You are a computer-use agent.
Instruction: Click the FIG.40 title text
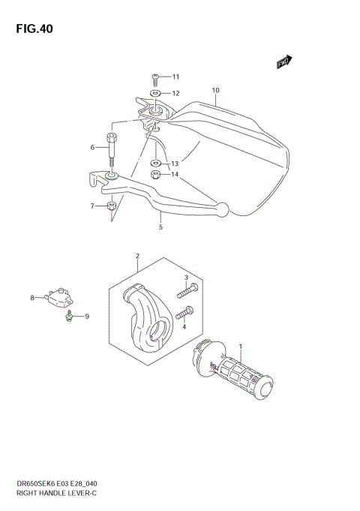[x=31, y=29]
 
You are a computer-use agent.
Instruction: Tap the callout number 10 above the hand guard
[x=215, y=92]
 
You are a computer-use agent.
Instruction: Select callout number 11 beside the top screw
[x=175, y=77]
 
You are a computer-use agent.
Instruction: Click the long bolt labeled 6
[x=112, y=147]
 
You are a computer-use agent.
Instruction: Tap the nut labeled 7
[x=110, y=206]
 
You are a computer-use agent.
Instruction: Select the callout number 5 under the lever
[x=160, y=226]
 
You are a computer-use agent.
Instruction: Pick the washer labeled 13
[x=154, y=163]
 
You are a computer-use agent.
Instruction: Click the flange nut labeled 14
[x=155, y=176]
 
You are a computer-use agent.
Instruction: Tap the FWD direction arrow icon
[x=284, y=63]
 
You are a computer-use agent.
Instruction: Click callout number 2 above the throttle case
[x=137, y=257]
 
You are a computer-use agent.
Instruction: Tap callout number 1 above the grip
[x=241, y=347]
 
